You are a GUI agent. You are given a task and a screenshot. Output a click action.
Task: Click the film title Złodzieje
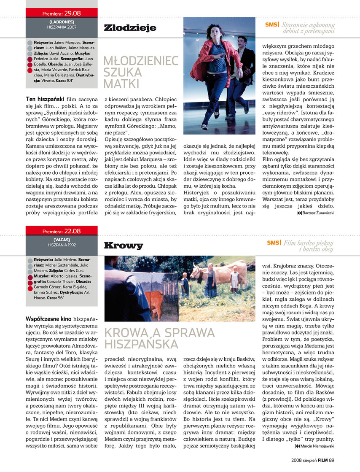(129, 28)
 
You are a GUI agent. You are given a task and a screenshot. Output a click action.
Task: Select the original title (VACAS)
(62, 240)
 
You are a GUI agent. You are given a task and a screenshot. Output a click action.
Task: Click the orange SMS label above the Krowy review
(274, 243)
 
